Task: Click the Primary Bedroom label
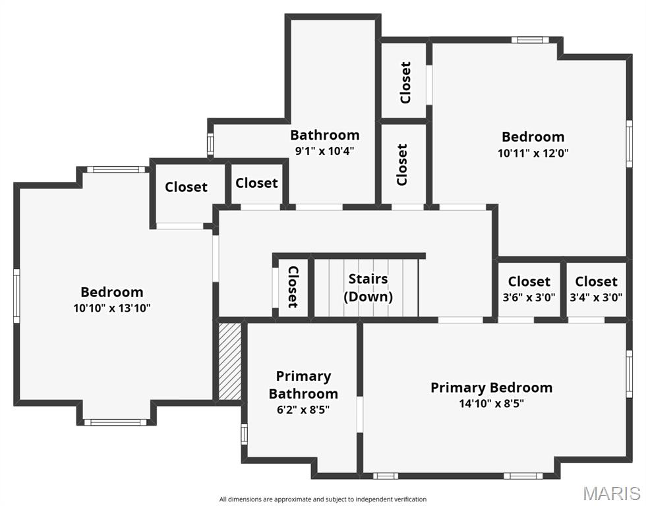coord(491,387)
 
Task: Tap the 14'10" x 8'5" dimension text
coord(491,404)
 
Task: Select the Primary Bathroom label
coord(303,385)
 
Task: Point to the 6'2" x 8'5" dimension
coord(303,409)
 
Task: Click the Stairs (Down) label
coord(368,288)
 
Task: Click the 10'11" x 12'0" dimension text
coord(533,152)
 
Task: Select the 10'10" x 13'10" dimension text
coord(112,308)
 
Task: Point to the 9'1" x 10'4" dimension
coord(325,150)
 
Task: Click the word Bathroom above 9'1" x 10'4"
coord(325,135)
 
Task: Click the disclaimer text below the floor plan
coord(323,499)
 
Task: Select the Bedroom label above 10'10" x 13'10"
coord(112,292)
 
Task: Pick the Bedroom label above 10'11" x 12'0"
coord(533,137)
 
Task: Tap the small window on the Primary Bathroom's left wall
coord(244,434)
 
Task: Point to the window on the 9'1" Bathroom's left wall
coord(210,144)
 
